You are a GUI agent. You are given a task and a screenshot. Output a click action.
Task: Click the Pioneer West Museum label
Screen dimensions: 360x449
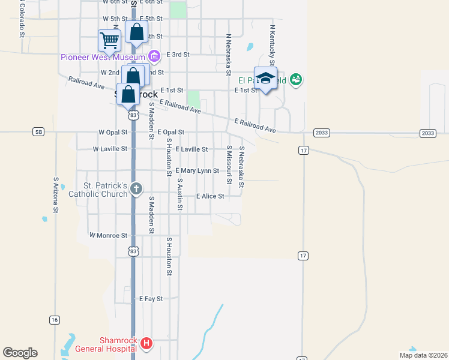104,57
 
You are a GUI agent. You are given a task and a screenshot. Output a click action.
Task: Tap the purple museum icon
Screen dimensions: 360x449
154,57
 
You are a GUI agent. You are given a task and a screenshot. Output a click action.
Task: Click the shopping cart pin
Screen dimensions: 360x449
109,41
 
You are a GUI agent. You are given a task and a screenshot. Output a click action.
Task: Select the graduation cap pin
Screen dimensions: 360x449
265,79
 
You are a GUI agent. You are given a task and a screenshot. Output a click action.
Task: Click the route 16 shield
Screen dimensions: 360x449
55,320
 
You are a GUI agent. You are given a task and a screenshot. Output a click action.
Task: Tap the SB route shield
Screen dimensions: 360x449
39,131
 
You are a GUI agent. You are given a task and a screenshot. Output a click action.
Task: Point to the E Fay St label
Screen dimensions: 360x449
151,298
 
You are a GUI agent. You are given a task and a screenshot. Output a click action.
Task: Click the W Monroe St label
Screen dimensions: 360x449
108,236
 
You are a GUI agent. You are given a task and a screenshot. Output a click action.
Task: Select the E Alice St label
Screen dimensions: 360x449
209,196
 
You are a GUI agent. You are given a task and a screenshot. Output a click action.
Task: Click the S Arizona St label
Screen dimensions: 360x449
55,194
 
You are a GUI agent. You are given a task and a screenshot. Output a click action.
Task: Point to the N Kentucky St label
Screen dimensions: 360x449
272,44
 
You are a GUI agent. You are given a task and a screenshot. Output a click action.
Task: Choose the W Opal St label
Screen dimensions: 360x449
113,132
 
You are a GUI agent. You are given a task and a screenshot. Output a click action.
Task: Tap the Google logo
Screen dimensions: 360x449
20,352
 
